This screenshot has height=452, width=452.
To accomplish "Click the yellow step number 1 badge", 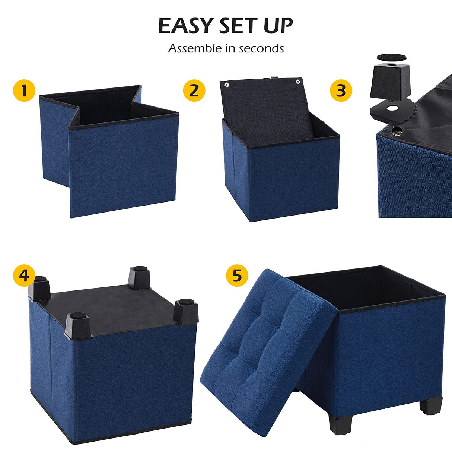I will [x=24, y=90].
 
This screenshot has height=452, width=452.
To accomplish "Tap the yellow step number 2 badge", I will [x=194, y=90].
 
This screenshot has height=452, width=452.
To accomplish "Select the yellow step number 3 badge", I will [x=341, y=90].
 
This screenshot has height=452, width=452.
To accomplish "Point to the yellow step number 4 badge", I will [x=24, y=276].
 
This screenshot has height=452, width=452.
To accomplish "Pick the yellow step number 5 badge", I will [x=237, y=276].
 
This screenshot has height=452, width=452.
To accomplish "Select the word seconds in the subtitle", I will [x=261, y=49].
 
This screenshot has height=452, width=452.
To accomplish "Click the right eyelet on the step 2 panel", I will [x=298, y=81].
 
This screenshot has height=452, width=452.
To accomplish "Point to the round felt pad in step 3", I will [x=390, y=58].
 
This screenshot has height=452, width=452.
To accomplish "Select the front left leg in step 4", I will [x=77, y=326].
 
